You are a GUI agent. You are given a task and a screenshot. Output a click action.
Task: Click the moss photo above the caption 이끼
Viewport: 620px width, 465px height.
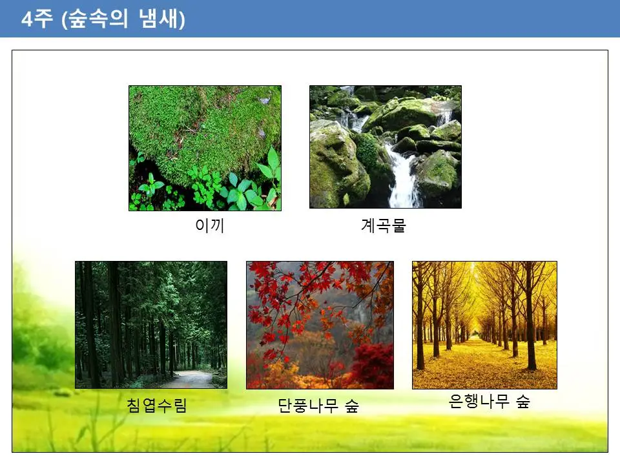click(x=205, y=148)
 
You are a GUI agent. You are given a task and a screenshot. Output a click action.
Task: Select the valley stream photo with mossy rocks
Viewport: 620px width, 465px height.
click(x=385, y=147)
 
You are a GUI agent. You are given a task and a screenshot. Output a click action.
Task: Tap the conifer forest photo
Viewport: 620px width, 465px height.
click(x=150, y=324)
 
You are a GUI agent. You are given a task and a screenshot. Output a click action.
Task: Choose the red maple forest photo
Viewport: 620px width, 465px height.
click(x=320, y=325)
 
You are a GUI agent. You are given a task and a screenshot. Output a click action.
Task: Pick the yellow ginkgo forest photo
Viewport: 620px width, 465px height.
click(x=484, y=325)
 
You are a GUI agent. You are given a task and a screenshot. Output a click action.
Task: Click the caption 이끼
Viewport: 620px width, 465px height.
click(x=209, y=227)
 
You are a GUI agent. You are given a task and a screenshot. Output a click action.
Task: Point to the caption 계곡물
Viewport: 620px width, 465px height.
click(x=383, y=227)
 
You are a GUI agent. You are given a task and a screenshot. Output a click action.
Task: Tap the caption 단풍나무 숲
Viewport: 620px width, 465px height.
click(x=318, y=406)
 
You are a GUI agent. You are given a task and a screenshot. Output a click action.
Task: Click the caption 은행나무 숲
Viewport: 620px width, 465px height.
click(x=489, y=402)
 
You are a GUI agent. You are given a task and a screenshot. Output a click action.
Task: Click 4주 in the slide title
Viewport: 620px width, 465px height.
click(x=37, y=19)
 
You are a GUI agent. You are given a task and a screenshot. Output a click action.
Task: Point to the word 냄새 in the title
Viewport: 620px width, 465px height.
click(x=160, y=19)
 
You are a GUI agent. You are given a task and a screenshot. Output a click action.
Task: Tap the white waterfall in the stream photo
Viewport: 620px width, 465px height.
click(x=404, y=174)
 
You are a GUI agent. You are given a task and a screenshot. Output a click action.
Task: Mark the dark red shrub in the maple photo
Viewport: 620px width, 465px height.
click(x=371, y=365)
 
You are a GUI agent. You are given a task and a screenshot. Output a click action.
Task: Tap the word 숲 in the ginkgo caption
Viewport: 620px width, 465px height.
click(x=522, y=402)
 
